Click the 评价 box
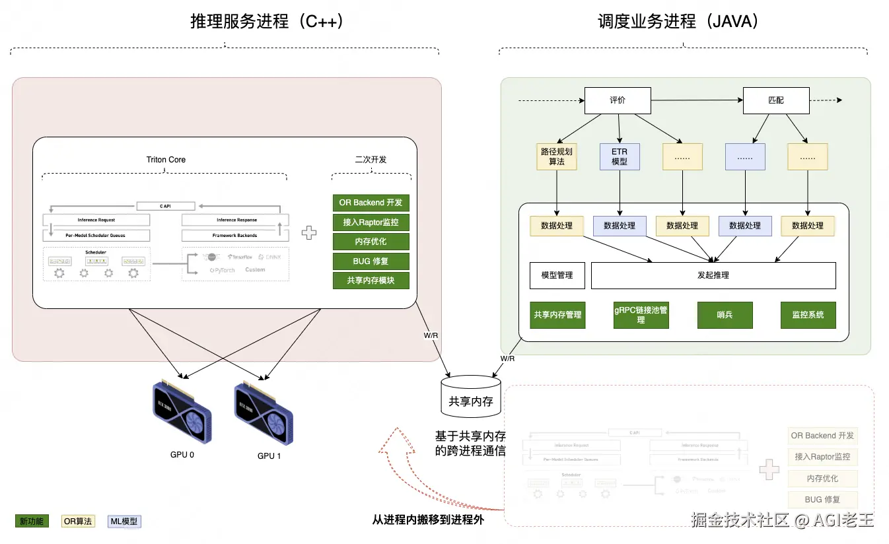(618, 101)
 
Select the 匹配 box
(776, 101)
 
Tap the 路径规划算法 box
(556, 156)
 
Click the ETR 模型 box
(620, 156)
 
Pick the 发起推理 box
(713, 275)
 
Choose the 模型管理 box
(557, 275)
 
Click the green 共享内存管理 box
(557, 315)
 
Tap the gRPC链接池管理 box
(641, 315)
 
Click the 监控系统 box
(808, 315)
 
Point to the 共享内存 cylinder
(470, 396)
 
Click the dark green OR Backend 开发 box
(371, 203)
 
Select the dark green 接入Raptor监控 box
(371, 222)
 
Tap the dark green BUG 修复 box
(371, 261)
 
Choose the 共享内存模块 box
(371, 281)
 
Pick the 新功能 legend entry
(32, 522)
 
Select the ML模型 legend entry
(124, 522)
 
